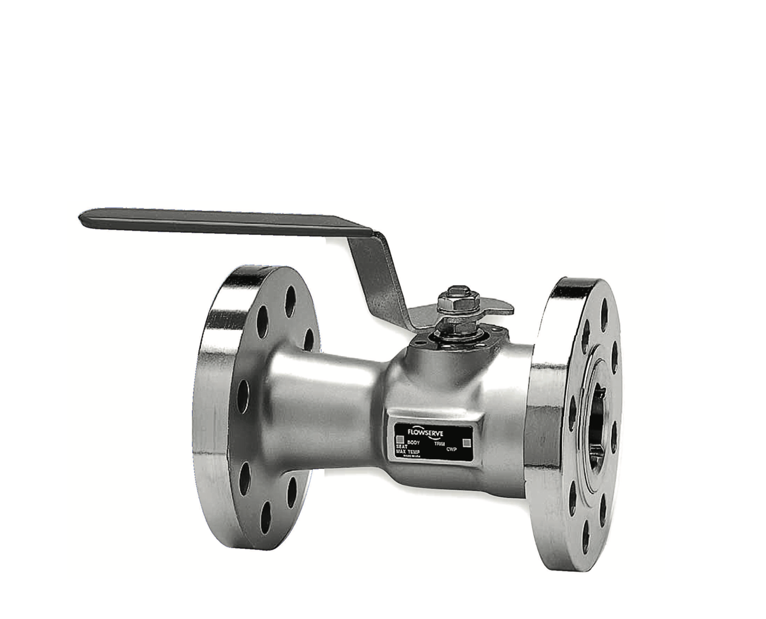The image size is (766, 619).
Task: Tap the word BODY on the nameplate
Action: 413,441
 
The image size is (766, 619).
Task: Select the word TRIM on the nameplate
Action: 439,443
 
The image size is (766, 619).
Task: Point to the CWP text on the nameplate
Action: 451,449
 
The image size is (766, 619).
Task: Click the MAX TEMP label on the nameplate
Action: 408,451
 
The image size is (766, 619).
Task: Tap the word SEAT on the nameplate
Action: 402,446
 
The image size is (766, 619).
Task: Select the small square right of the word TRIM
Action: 467,442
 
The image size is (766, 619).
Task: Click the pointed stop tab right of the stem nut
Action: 504,308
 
